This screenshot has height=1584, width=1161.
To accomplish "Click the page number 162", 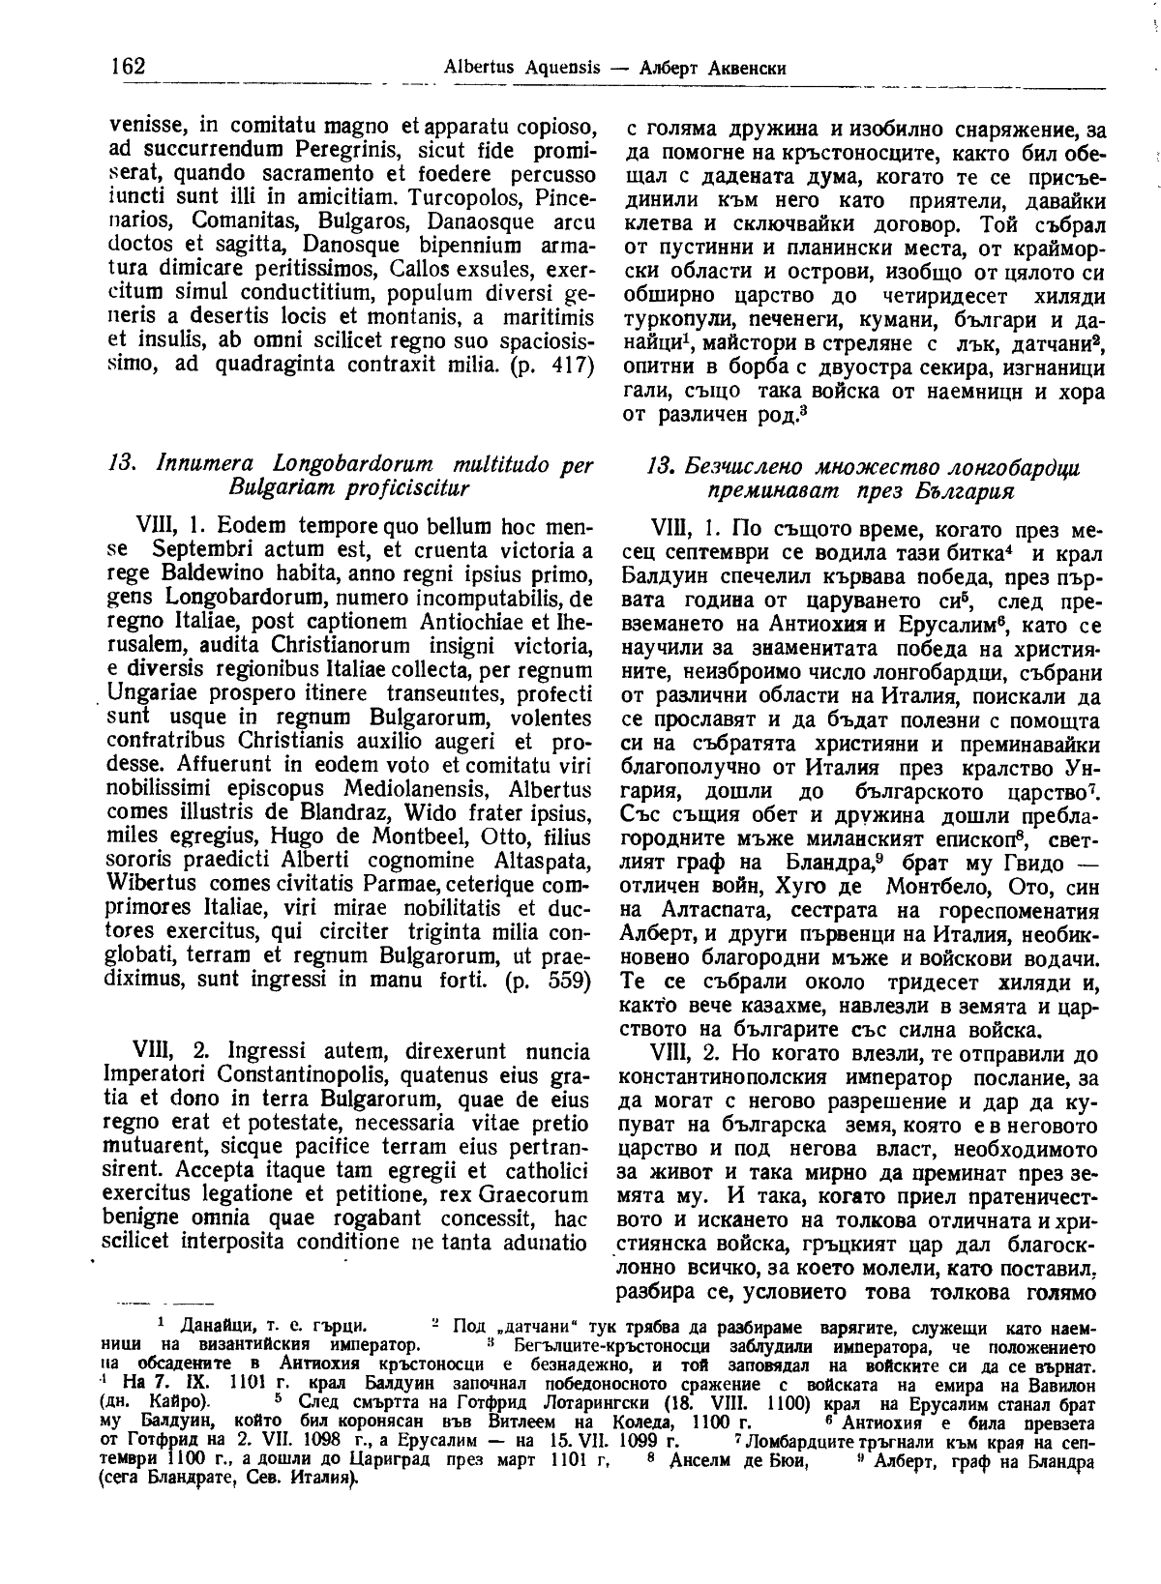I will [127, 66].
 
